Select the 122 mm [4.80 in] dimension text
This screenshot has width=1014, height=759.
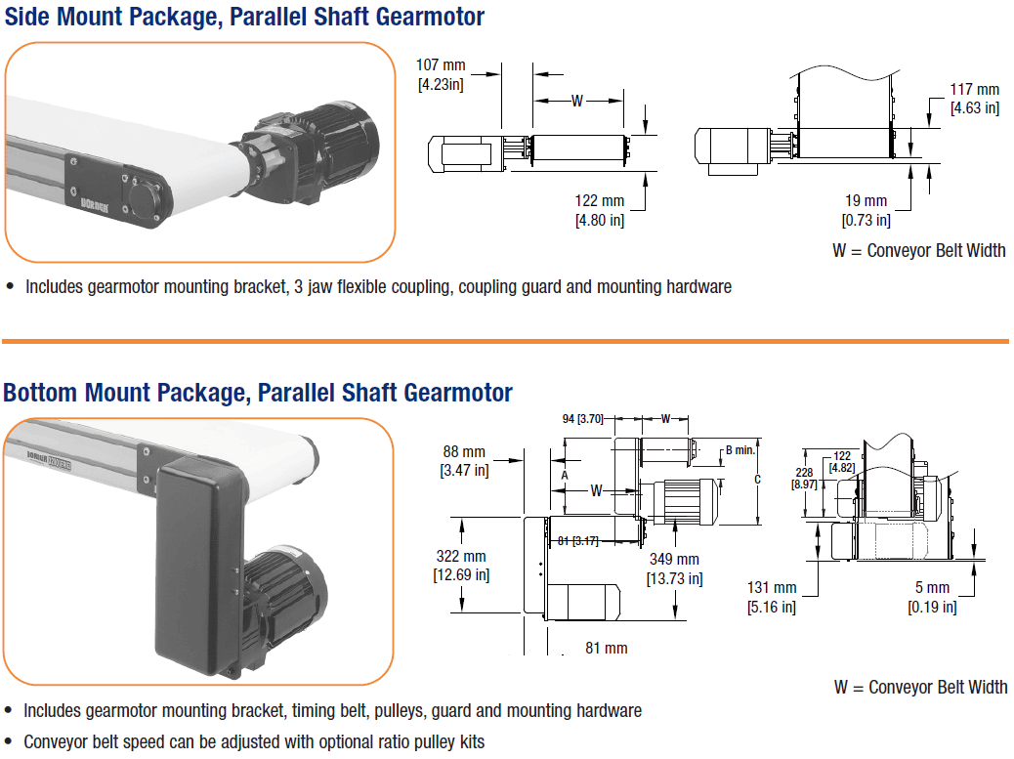tap(600, 210)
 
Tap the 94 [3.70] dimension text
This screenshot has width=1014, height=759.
tap(584, 419)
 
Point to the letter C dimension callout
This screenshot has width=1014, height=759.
tap(757, 480)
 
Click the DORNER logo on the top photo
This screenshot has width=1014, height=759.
tap(87, 208)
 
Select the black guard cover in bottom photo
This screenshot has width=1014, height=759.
tap(200, 567)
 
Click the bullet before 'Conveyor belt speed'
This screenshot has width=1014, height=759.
tap(10, 741)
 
